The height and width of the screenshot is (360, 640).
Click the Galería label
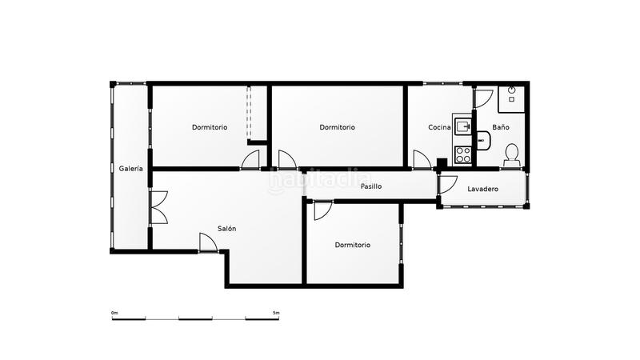point(131,169)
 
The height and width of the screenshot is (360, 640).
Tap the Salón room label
point(226,229)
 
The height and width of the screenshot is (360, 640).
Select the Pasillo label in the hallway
point(370,186)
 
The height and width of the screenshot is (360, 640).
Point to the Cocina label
point(439,127)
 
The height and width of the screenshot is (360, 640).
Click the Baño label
point(501,127)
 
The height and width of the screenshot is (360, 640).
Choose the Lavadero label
point(483,189)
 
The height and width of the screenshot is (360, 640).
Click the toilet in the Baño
point(512,154)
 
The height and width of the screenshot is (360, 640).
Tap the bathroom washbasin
point(482,140)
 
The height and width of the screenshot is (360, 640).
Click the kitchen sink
point(462,126)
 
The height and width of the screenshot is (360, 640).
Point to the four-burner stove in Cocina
point(462,151)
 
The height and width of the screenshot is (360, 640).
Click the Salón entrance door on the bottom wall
point(208,242)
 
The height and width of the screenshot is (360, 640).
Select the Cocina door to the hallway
point(421,160)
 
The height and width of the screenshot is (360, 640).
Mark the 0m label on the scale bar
point(114,312)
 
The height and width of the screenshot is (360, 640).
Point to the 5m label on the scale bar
point(276,312)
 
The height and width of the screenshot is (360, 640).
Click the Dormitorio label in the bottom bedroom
point(352,245)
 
